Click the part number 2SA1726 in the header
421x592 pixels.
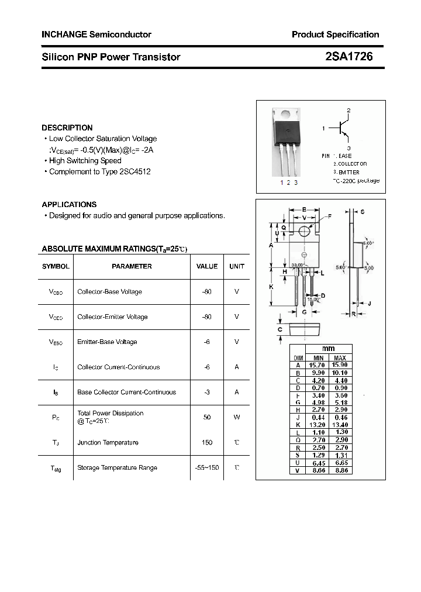(x=348, y=57)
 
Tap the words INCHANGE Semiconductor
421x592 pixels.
(x=96, y=35)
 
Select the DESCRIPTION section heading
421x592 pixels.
(x=67, y=128)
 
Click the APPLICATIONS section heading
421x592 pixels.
(x=69, y=204)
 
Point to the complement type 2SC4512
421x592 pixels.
(x=135, y=171)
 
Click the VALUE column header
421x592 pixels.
(x=206, y=266)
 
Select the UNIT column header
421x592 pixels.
(x=237, y=266)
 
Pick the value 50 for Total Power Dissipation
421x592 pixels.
(x=206, y=417)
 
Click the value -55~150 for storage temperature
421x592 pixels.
(x=206, y=467)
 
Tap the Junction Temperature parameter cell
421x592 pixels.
(x=108, y=442)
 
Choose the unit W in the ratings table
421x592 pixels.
(x=237, y=417)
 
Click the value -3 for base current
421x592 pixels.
(x=206, y=392)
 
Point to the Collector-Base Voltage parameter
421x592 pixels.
(x=109, y=291)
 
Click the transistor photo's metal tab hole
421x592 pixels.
(x=285, y=115)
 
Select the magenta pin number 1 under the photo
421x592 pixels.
(x=281, y=183)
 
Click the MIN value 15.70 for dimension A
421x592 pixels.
(x=318, y=365)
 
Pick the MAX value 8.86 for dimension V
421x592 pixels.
(x=340, y=470)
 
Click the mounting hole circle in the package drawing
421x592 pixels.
(x=304, y=232)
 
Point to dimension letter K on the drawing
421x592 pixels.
(x=271, y=287)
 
